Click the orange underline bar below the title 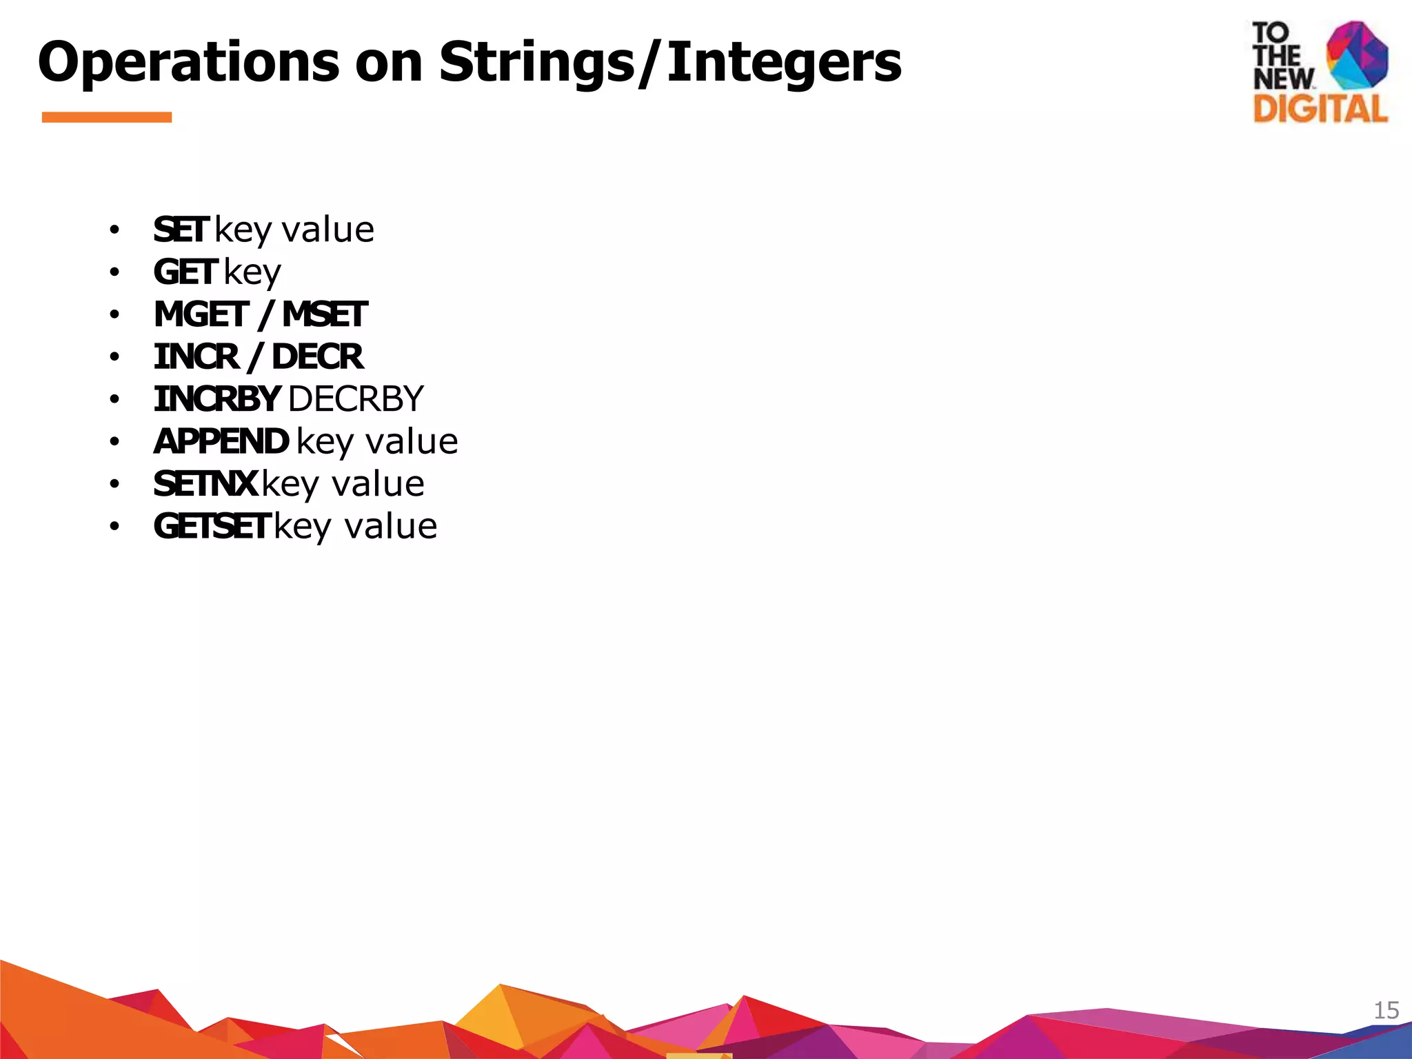pyautogui.click(x=107, y=117)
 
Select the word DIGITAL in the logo pyautogui.click(x=1320, y=109)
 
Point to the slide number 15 pyautogui.click(x=1386, y=1010)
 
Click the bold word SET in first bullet pyautogui.click(x=181, y=230)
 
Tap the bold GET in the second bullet pyautogui.click(x=185, y=272)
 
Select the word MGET pyautogui.click(x=201, y=315)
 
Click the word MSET pyautogui.click(x=325, y=315)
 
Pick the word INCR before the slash pyautogui.click(x=196, y=357)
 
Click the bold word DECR pyautogui.click(x=317, y=357)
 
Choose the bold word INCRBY pyautogui.click(x=216, y=399)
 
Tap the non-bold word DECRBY pyautogui.click(x=356, y=399)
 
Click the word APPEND pyautogui.click(x=221, y=442)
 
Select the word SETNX pyautogui.click(x=205, y=484)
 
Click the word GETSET pyautogui.click(x=211, y=527)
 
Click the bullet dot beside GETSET pyautogui.click(x=114, y=527)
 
